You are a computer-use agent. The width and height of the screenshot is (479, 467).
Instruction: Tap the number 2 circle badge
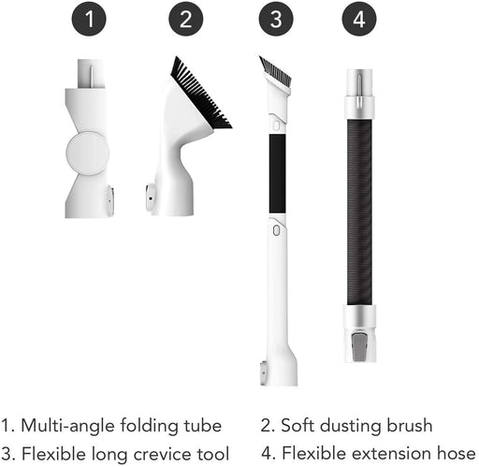click(185, 21)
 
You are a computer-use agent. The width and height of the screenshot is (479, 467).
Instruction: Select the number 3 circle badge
click(276, 21)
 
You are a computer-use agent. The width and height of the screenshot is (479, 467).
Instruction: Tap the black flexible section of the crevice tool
click(277, 172)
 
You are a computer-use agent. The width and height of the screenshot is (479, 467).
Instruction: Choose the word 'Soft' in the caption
click(297, 427)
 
